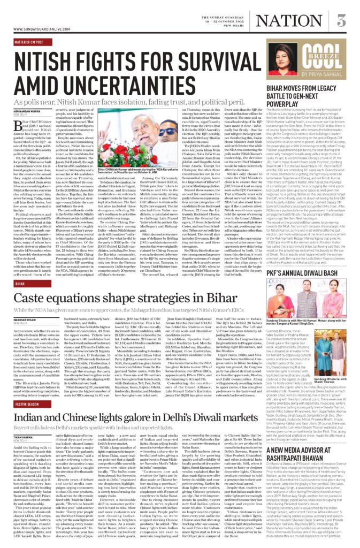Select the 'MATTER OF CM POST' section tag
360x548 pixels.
28,41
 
